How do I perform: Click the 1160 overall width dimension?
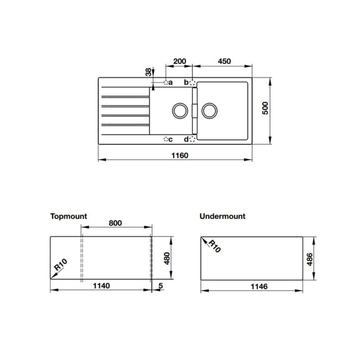click(x=180, y=155)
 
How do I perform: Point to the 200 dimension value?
click(x=180, y=61)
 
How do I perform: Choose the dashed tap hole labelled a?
click(x=166, y=82)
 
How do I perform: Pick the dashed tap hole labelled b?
click(x=192, y=83)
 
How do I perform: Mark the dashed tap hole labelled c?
click(x=166, y=140)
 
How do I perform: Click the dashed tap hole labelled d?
click(x=192, y=140)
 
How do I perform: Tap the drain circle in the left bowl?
click(x=180, y=110)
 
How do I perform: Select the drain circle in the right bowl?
click(x=210, y=110)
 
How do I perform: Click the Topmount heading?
click(x=69, y=216)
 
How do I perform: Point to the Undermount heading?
click(x=222, y=216)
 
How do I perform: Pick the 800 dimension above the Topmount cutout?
click(x=115, y=223)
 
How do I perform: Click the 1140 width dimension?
click(x=101, y=286)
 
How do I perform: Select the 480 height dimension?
click(x=167, y=258)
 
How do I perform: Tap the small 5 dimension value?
click(x=161, y=286)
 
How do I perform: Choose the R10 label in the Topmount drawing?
click(x=60, y=265)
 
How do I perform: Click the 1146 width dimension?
click(x=259, y=287)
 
